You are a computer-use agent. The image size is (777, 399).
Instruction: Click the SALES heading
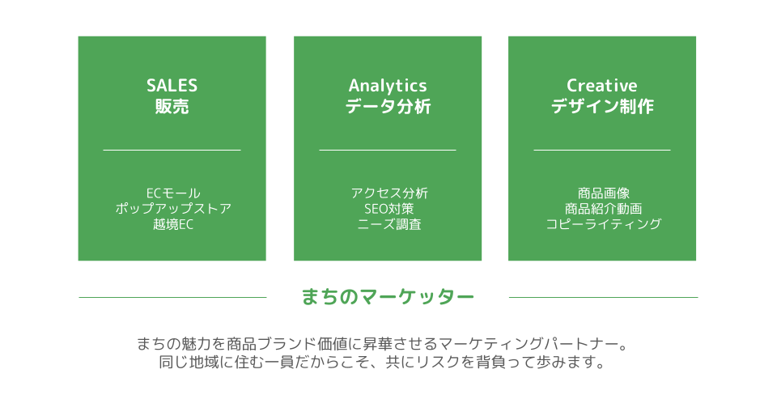click(x=172, y=86)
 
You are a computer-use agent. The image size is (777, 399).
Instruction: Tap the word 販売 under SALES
click(x=172, y=107)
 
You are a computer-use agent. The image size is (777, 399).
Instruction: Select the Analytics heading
click(x=388, y=87)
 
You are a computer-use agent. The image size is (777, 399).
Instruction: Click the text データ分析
click(x=388, y=107)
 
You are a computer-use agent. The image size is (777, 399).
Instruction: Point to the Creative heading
click(x=602, y=86)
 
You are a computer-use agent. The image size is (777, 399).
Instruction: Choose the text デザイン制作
click(x=602, y=107)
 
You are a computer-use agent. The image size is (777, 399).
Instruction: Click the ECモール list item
click(x=173, y=193)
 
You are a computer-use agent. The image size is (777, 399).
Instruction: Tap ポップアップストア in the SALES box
click(x=173, y=209)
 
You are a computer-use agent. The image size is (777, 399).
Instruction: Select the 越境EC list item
click(x=173, y=224)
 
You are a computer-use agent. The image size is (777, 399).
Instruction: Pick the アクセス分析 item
click(x=389, y=193)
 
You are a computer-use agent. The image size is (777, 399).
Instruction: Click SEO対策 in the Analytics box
click(x=389, y=209)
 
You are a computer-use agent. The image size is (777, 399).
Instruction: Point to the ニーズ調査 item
click(x=389, y=224)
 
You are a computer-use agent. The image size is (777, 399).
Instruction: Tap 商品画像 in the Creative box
click(x=604, y=193)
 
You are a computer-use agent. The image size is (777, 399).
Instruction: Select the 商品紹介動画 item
click(x=604, y=209)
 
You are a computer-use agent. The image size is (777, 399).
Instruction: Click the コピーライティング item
click(x=604, y=224)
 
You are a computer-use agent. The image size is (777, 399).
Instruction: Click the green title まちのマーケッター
click(x=388, y=297)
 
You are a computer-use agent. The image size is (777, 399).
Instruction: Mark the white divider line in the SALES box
click(x=172, y=150)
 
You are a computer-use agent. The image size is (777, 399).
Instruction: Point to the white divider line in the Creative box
click(x=602, y=150)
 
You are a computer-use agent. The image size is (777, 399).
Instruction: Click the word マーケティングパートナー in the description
click(x=529, y=343)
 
